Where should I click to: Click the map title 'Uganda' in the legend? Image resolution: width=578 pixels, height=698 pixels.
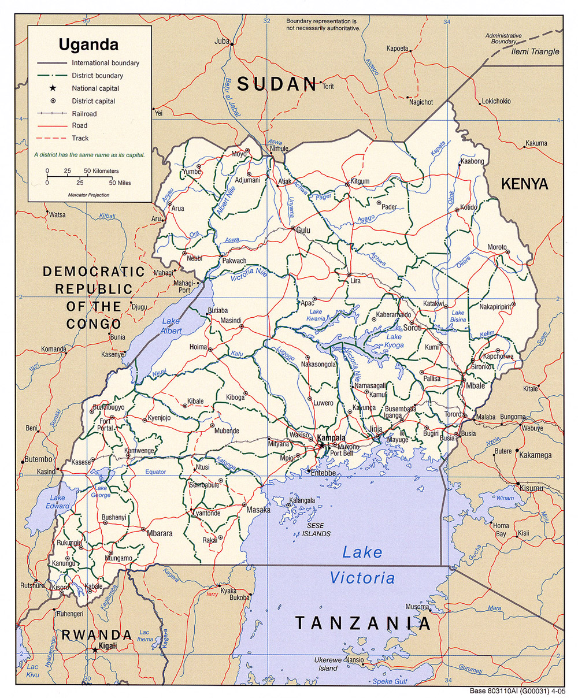coord(88,44)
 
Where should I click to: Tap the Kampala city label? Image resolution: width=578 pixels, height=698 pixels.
coord(331,437)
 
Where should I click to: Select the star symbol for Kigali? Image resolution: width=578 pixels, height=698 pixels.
coord(95,650)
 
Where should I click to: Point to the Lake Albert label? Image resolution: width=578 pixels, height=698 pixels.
coord(172,326)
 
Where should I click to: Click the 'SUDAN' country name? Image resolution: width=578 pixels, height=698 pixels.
coord(278,84)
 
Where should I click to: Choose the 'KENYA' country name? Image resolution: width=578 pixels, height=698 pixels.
coord(524,184)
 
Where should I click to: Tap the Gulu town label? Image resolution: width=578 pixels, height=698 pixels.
coord(303,230)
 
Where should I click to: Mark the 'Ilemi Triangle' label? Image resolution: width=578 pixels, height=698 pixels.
coord(536,51)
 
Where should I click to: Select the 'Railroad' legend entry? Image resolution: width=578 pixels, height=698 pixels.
coord(84,113)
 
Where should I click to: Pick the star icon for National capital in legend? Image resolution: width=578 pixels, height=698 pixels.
coord(53,88)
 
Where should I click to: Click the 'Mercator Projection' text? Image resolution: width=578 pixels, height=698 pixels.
coord(88,195)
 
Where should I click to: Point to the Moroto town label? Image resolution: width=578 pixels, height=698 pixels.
coord(497,247)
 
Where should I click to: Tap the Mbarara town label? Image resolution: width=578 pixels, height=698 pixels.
coord(160,534)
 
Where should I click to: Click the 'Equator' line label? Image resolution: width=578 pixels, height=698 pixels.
coord(155,471)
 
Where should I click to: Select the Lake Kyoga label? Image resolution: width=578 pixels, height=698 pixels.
coord(394,341)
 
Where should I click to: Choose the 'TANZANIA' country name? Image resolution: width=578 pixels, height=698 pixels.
coord(363,623)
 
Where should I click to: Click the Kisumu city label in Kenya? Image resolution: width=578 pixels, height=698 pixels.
coord(531,488)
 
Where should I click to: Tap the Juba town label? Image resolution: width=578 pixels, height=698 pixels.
coord(222,41)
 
